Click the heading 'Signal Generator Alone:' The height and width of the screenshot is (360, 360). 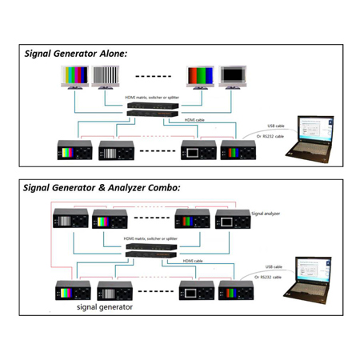click(x=76, y=54)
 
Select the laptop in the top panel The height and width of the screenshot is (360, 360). click(x=313, y=141)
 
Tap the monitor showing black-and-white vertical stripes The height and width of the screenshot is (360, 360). click(x=112, y=78)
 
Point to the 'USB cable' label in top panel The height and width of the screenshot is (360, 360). click(x=275, y=126)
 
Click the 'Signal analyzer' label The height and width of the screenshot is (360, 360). click(x=267, y=214)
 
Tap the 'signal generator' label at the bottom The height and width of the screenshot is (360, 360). click(x=105, y=306)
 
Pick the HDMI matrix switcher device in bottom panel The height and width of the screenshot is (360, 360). click(x=152, y=250)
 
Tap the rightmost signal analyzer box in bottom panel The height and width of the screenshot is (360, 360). click(x=230, y=218)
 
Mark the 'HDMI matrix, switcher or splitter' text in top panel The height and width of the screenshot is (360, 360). click(x=152, y=98)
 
